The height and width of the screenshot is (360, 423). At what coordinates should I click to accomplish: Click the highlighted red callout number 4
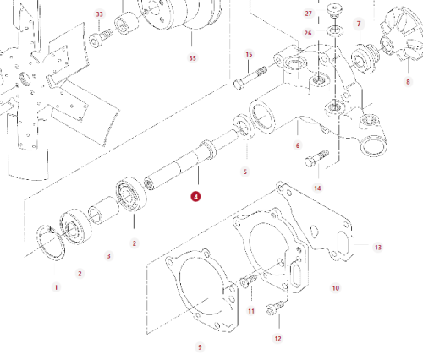click(195, 197)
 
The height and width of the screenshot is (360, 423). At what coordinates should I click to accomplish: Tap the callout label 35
click(192, 58)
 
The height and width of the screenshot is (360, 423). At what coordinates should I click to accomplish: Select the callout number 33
click(99, 14)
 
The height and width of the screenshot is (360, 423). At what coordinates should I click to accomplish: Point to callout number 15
click(249, 54)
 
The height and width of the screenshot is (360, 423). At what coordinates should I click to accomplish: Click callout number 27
click(309, 14)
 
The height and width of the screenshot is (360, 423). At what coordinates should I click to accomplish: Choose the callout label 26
click(308, 33)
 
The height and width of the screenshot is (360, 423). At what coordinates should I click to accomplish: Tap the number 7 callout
click(359, 24)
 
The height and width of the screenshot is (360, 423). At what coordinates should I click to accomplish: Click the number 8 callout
click(408, 82)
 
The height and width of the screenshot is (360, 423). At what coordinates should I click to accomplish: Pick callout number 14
click(317, 188)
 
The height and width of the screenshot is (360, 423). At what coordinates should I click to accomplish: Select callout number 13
click(378, 248)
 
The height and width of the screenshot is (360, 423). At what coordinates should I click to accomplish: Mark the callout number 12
click(277, 339)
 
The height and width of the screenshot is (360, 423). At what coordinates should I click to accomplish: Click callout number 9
click(200, 347)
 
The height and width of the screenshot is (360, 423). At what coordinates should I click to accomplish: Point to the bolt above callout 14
click(317, 158)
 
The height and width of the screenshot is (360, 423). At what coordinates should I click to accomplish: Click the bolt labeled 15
click(250, 78)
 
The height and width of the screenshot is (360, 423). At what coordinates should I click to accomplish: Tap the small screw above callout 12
click(275, 308)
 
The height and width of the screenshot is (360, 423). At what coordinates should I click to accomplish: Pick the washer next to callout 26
click(335, 30)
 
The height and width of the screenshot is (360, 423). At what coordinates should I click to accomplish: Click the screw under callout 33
click(101, 37)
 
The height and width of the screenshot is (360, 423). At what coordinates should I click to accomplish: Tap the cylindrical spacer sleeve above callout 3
click(103, 211)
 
